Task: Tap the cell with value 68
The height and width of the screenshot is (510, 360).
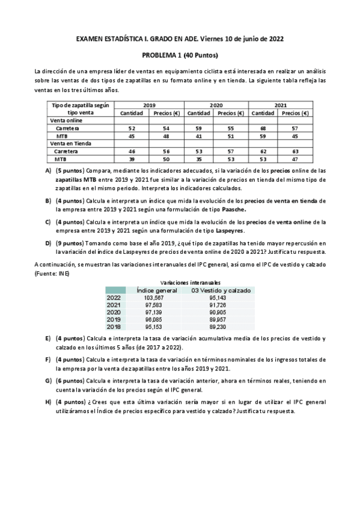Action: (263, 128)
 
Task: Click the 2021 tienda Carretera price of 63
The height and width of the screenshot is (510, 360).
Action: (294, 152)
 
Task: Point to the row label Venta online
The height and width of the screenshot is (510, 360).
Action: (66, 120)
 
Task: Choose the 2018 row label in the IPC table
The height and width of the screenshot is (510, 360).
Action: (114, 327)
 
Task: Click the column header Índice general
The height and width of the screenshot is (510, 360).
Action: (157, 290)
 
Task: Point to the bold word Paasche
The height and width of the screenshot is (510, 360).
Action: (225, 210)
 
